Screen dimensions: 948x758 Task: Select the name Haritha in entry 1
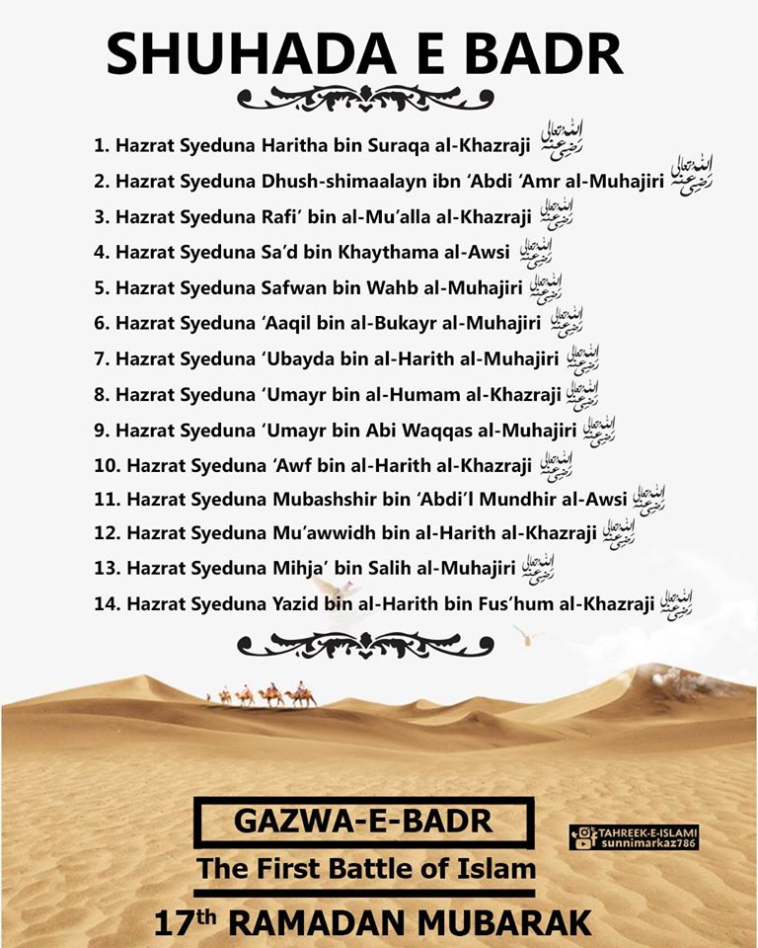pos(296,146)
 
